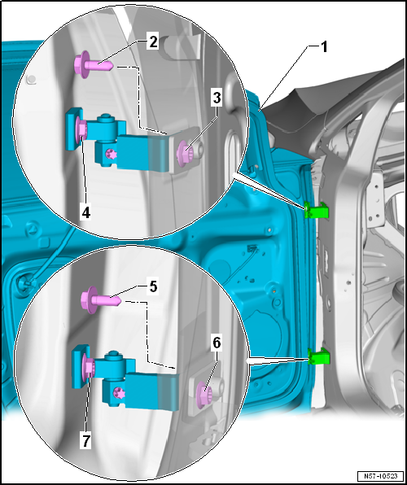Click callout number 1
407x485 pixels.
(323, 48)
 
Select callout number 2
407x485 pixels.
(153, 42)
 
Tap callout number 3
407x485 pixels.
(217, 98)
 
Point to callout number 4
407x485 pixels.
(85, 213)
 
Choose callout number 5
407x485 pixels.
(153, 287)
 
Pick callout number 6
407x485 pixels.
(216, 343)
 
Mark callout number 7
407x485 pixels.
(85, 441)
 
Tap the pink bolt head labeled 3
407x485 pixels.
(184, 154)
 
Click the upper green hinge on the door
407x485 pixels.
(316, 210)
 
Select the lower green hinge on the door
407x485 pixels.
(319, 356)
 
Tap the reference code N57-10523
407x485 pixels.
(380, 475)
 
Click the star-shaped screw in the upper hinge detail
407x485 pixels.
(111, 154)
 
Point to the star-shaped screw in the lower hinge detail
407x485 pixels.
(119, 394)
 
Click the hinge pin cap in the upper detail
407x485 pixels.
(107, 118)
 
